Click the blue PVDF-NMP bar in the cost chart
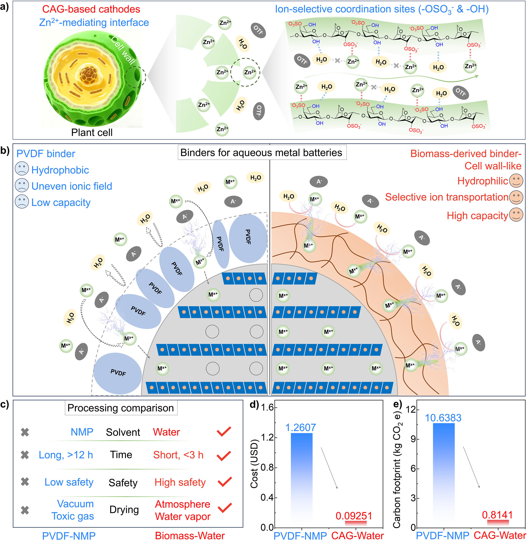pyautogui.click(x=302, y=476)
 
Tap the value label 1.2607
pyautogui.click(x=300, y=428)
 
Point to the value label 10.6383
pyautogui.click(x=443, y=418)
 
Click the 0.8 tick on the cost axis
pyautogui.click(x=267, y=467)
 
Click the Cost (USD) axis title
pyautogui.click(x=254, y=464)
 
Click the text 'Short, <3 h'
pyautogui.click(x=178, y=455)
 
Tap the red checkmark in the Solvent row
pyautogui.click(x=224, y=432)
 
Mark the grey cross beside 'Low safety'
pyautogui.click(x=25, y=482)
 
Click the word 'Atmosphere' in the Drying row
pyautogui.click(x=183, y=504)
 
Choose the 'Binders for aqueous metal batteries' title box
pyautogui.click(x=261, y=152)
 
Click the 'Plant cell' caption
pyautogui.click(x=92, y=132)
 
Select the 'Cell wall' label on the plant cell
pyautogui.click(x=123, y=50)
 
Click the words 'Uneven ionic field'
pyautogui.click(x=72, y=186)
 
